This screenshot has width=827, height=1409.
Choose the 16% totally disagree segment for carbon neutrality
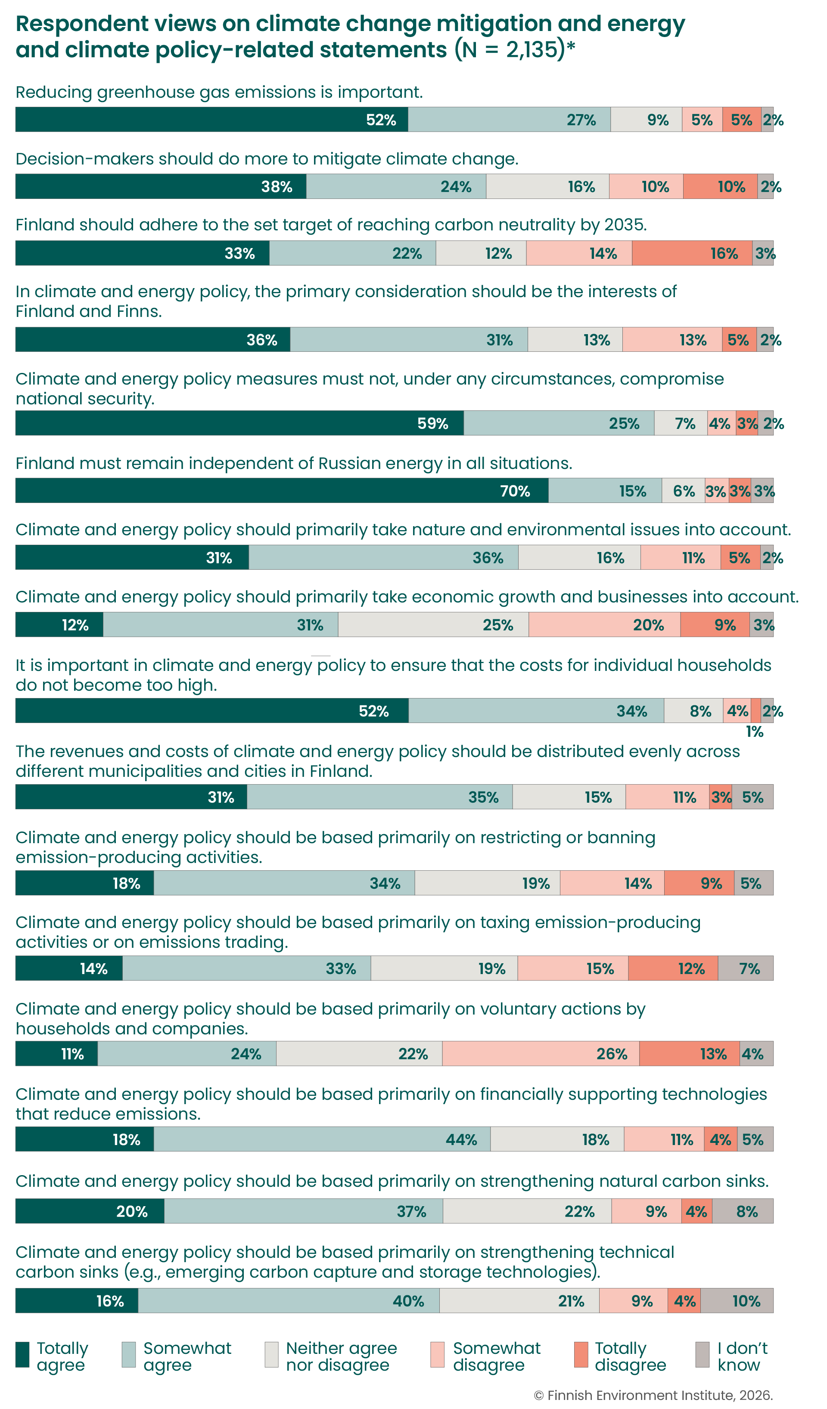pyautogui.click(x=692, y=253)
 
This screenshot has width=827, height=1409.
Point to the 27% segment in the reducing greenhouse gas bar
pyautogui.click(x=509, y=120)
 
